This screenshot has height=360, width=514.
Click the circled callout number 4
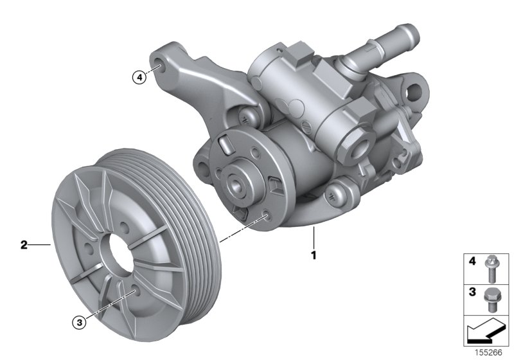[x=138, y=78]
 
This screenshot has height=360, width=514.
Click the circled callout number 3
[x=79, y=323]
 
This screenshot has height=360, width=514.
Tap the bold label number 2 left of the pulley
[x=24, y=244]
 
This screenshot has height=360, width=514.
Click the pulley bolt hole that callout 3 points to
[x=132, y=292]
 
